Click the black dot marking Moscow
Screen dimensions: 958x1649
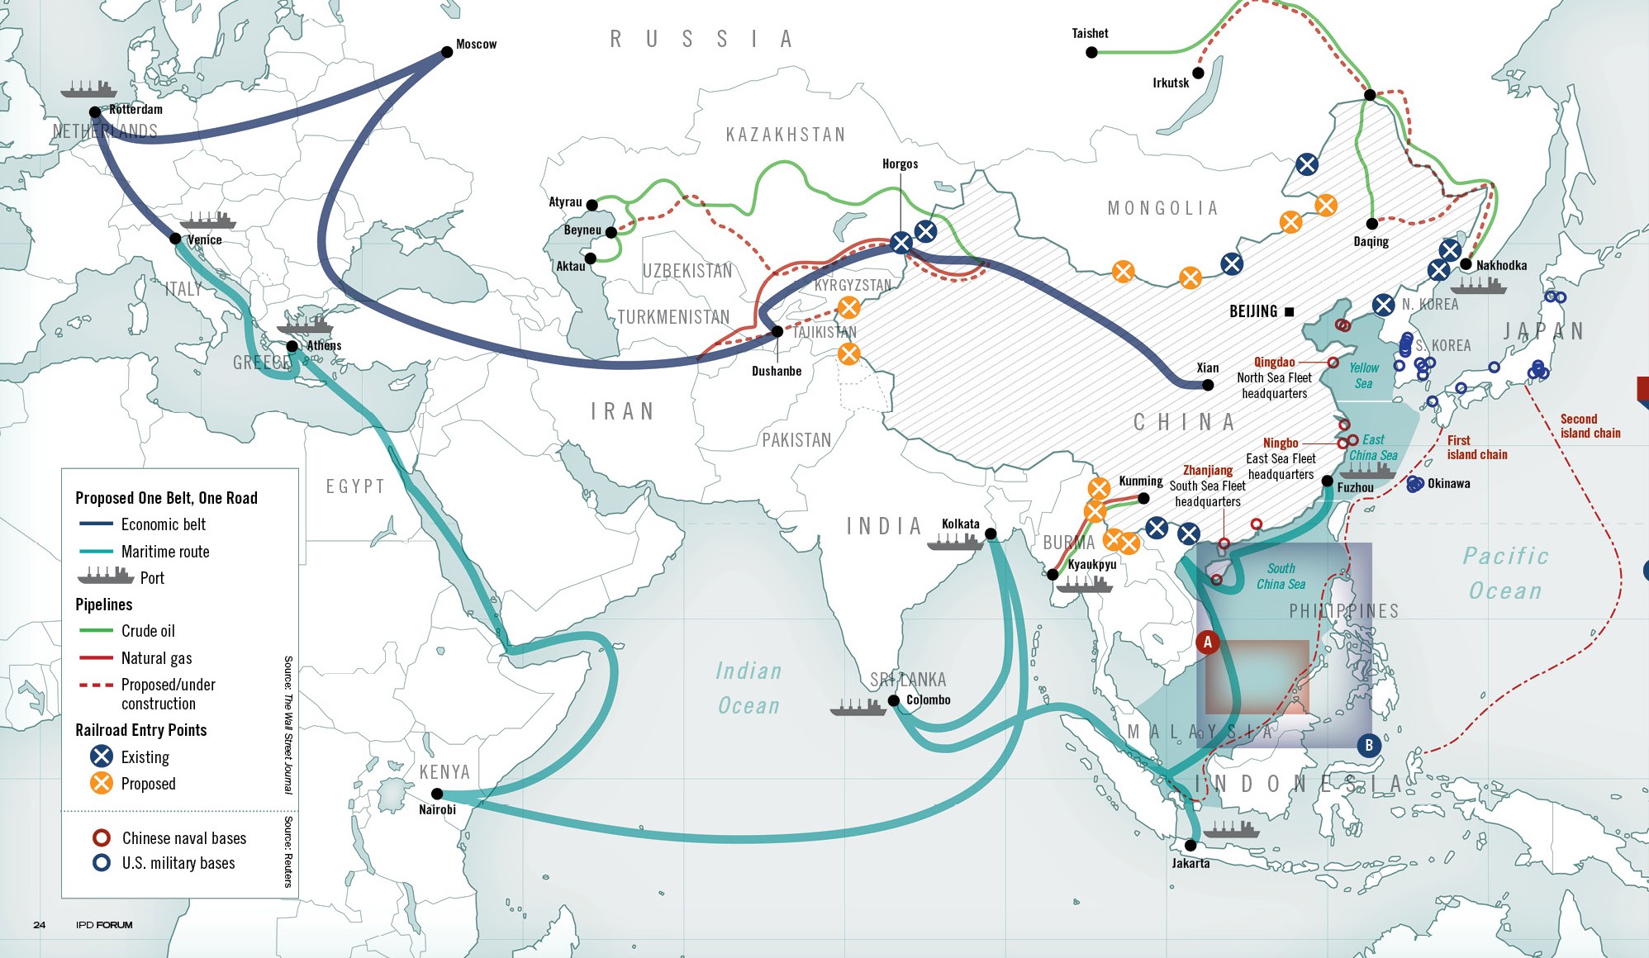(x=447, y=52)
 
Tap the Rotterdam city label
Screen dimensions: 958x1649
(x=135, y=109)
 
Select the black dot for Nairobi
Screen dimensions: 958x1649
(x=437, y=794)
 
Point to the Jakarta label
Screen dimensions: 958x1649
(x=1190, y=863)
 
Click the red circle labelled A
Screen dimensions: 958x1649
(x=1207, y=642)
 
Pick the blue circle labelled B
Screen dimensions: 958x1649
(x=1369, y=745)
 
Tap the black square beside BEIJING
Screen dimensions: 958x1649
(x=1289, y=311)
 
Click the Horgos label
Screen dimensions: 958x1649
(x=900, y=164)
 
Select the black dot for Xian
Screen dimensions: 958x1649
(x=1208, y=385)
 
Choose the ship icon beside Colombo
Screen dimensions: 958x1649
(x=858, y=708)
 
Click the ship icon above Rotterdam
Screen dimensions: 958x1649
(x=88, y=88)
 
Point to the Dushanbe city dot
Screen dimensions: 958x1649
(x=777, y=331)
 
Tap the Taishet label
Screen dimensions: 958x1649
(x=1090, y=33)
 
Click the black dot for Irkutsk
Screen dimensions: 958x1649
(x=1198, y=73)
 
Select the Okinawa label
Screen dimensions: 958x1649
(x=1448, y=483)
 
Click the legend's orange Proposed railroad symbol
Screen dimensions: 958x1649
(x=102, y=783)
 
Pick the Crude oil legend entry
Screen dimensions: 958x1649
(x=148, y=631)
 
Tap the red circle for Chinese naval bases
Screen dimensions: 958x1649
(x=102, y=837)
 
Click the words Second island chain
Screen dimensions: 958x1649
(x=1590, y=426)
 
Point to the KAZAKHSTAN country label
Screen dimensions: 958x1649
(x=785, y=135)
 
